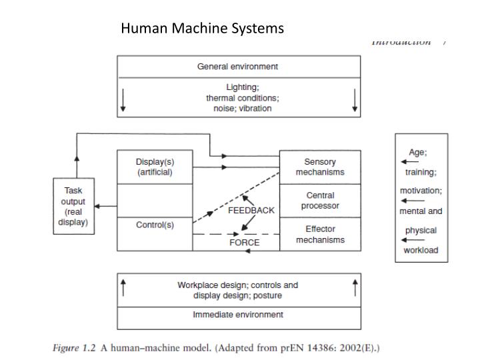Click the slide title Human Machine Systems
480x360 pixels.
click(202, 29)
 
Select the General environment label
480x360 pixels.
click(237, 67)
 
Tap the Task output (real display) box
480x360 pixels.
click(73, 206)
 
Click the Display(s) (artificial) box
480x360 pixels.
click(155, 167)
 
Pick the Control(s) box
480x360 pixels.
click(155, 225)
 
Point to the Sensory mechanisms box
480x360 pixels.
click(320, 167)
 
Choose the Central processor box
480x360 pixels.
click(320, 201)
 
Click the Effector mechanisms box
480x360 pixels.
click(320, 234)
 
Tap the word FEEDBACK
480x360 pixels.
click(251, 210)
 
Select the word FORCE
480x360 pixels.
click(244, 243)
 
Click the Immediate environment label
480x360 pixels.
click(238, 315)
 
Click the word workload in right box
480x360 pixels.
click(421, 251)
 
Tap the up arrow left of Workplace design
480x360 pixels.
click(123, 287)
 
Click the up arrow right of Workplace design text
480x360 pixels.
click(355, 287)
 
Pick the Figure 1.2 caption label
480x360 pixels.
click(74, 347)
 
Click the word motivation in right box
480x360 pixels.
click(421, 191)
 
